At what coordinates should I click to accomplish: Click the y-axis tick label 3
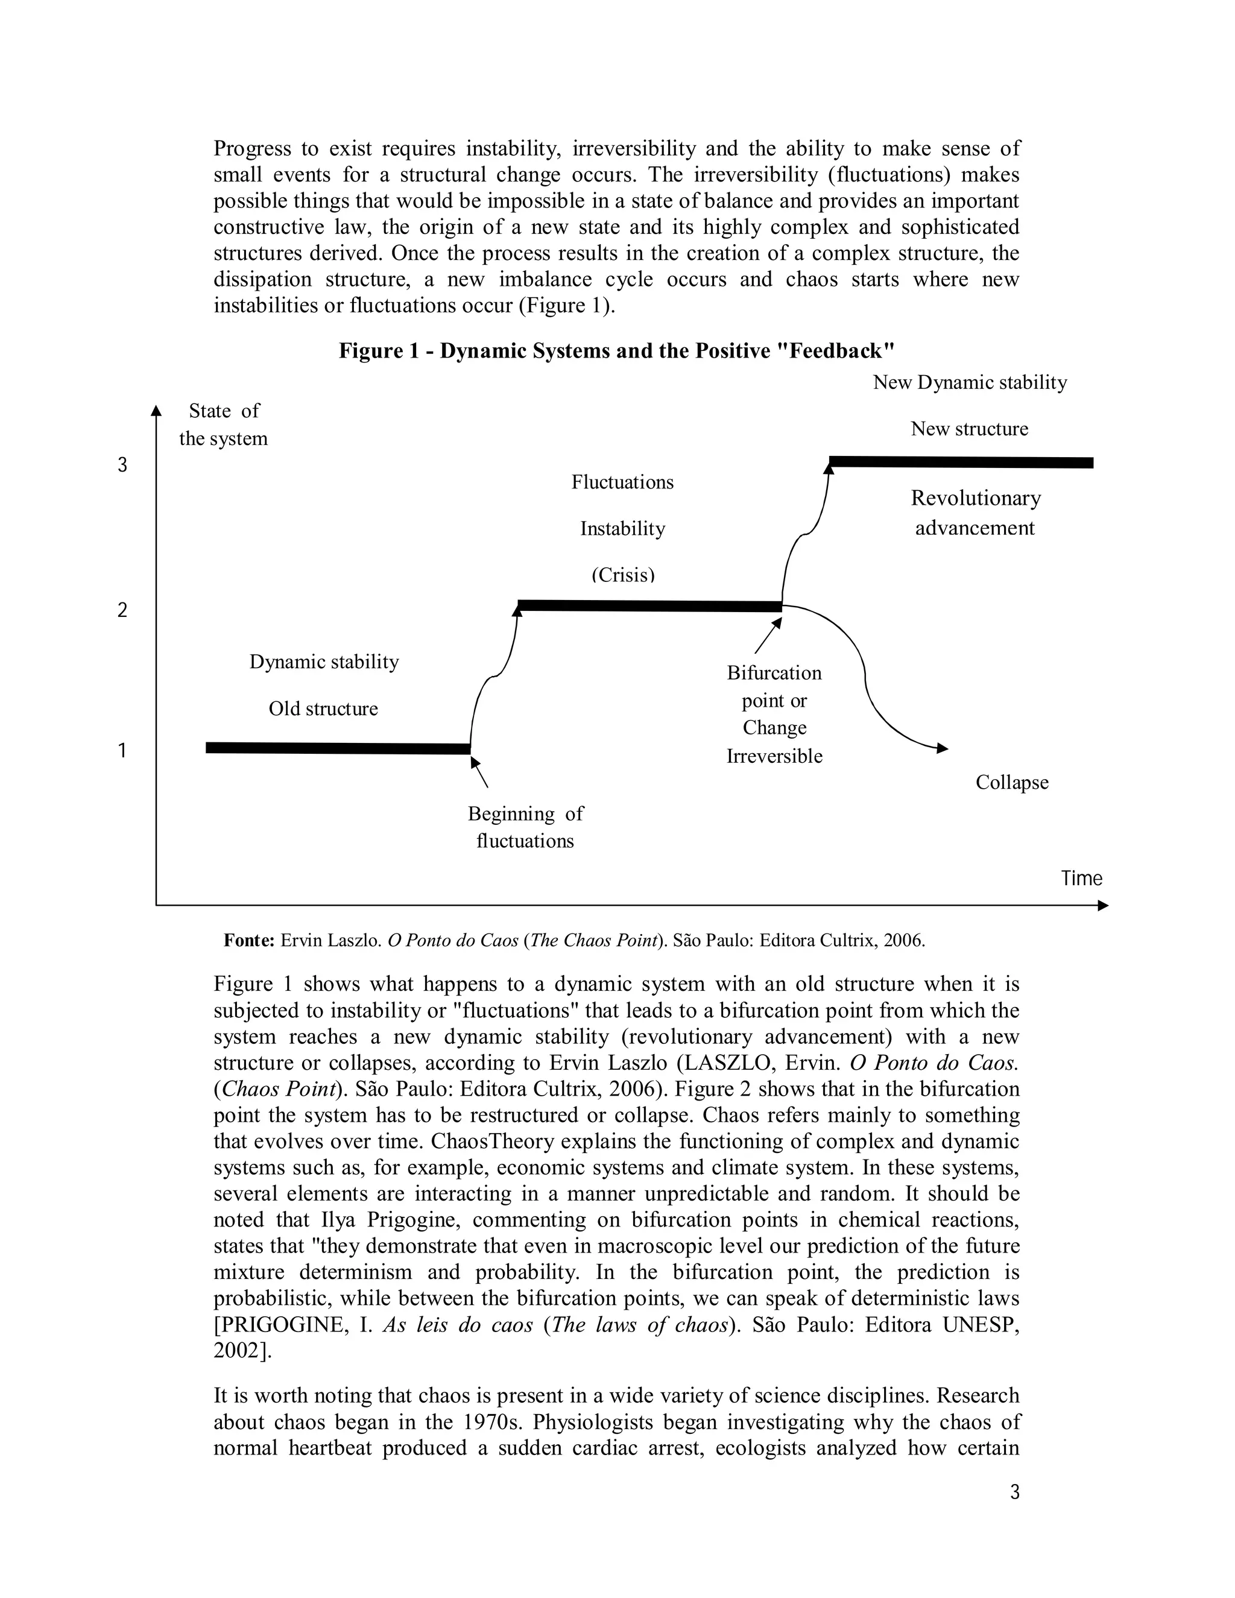click(x=122, y=466)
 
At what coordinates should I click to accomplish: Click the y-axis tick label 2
click(x=122, y=610)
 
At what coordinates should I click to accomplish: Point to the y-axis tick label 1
click(x=122, y=751)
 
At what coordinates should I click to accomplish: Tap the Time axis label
click(x=1081, y=878)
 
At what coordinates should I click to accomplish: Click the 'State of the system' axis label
click(x=223, y=425)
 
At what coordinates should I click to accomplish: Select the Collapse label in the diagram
click(x=1012, y=782)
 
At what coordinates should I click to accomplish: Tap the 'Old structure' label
click(x=323, y=709)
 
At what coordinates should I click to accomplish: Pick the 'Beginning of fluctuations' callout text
click(x=525, y=827)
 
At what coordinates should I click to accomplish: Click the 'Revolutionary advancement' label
click(x=975, y=513)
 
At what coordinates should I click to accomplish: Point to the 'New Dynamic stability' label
click(x=970, y=383)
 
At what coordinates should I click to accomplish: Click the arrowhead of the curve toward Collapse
click(x=943, y=748)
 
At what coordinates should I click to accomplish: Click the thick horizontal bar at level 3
click(x=961, y=462)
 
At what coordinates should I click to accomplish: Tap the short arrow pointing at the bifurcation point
click(x=768, y=636)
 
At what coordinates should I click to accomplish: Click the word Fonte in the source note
click(x=248, y=940)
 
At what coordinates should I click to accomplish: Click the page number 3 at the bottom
click(x=1014, y=1492)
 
